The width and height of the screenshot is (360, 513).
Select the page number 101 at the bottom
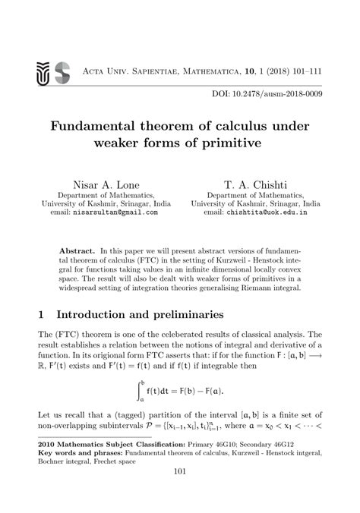(x=180, y=493)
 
